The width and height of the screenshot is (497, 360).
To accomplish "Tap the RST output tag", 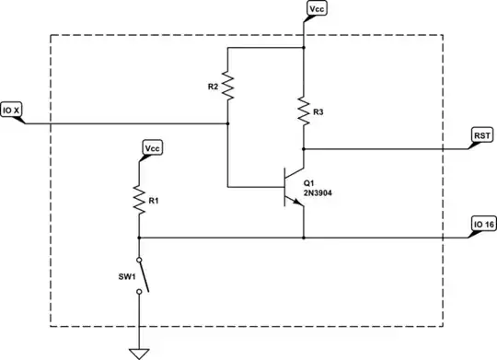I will [481, 134].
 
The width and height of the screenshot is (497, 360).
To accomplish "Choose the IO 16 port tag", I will [483, 224].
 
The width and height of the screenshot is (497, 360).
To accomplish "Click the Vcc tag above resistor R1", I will [152, 147].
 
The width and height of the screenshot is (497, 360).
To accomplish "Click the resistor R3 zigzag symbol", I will [304, 112].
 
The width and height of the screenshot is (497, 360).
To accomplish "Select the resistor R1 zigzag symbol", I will [140, 200].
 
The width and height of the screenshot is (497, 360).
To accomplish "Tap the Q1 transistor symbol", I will [295, 187].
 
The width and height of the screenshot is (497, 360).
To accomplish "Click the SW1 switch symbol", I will [141, 275].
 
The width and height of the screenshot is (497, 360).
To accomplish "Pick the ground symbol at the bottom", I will [140, 352].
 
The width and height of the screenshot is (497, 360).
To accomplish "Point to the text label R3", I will [318, 112].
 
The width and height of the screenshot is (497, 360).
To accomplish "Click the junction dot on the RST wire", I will [304, 147].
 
